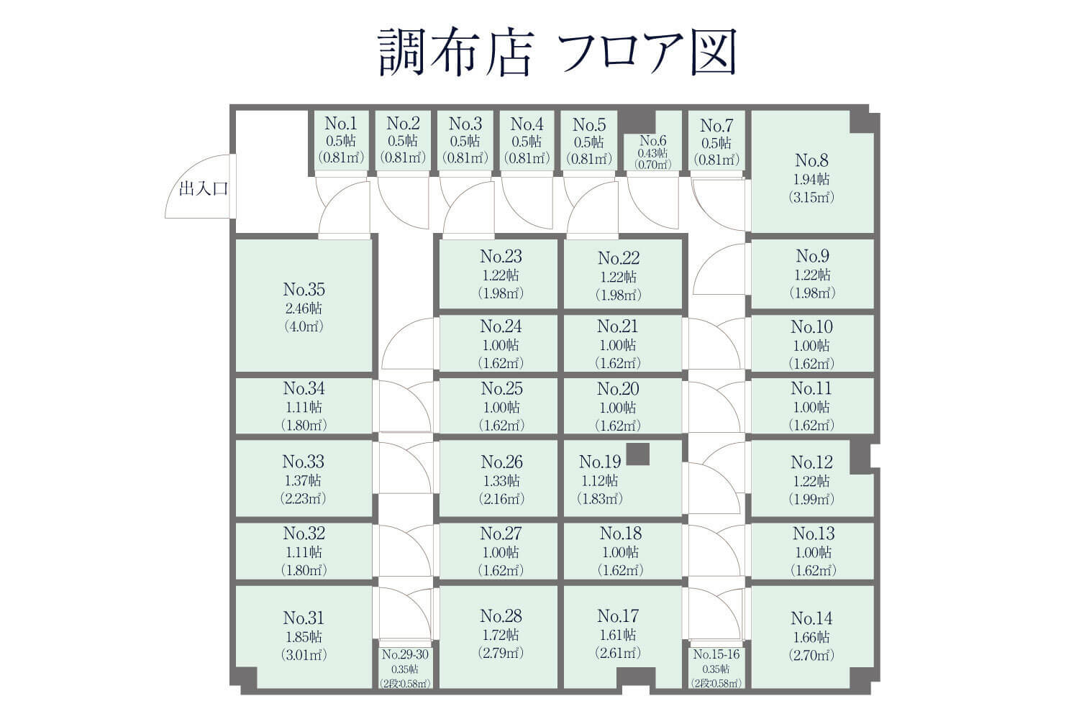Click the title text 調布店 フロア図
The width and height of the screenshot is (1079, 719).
557,52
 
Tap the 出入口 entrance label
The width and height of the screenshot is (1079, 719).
204,189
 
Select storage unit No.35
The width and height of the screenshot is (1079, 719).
304,306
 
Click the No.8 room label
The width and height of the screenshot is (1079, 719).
811,160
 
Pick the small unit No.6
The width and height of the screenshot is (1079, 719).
653,152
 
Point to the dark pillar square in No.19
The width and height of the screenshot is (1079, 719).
638,454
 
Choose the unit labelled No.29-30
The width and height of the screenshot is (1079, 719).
404,667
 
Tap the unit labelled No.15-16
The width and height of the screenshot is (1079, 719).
716,667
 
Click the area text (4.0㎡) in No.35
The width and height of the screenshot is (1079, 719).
304,326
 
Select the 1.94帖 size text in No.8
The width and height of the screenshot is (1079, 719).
811,179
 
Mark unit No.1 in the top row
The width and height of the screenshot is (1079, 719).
341,141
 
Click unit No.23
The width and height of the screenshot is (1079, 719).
501,274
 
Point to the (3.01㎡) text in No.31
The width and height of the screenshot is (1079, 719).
304,655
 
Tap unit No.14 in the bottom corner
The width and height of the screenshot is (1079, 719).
811,636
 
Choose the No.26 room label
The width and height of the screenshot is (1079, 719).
501,462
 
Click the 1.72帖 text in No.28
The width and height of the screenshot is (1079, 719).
501,635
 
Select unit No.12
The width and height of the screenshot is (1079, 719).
811,480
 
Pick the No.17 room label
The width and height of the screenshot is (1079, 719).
618,616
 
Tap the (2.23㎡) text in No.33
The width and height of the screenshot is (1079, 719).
304,499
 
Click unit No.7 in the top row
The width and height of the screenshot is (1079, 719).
716,141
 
